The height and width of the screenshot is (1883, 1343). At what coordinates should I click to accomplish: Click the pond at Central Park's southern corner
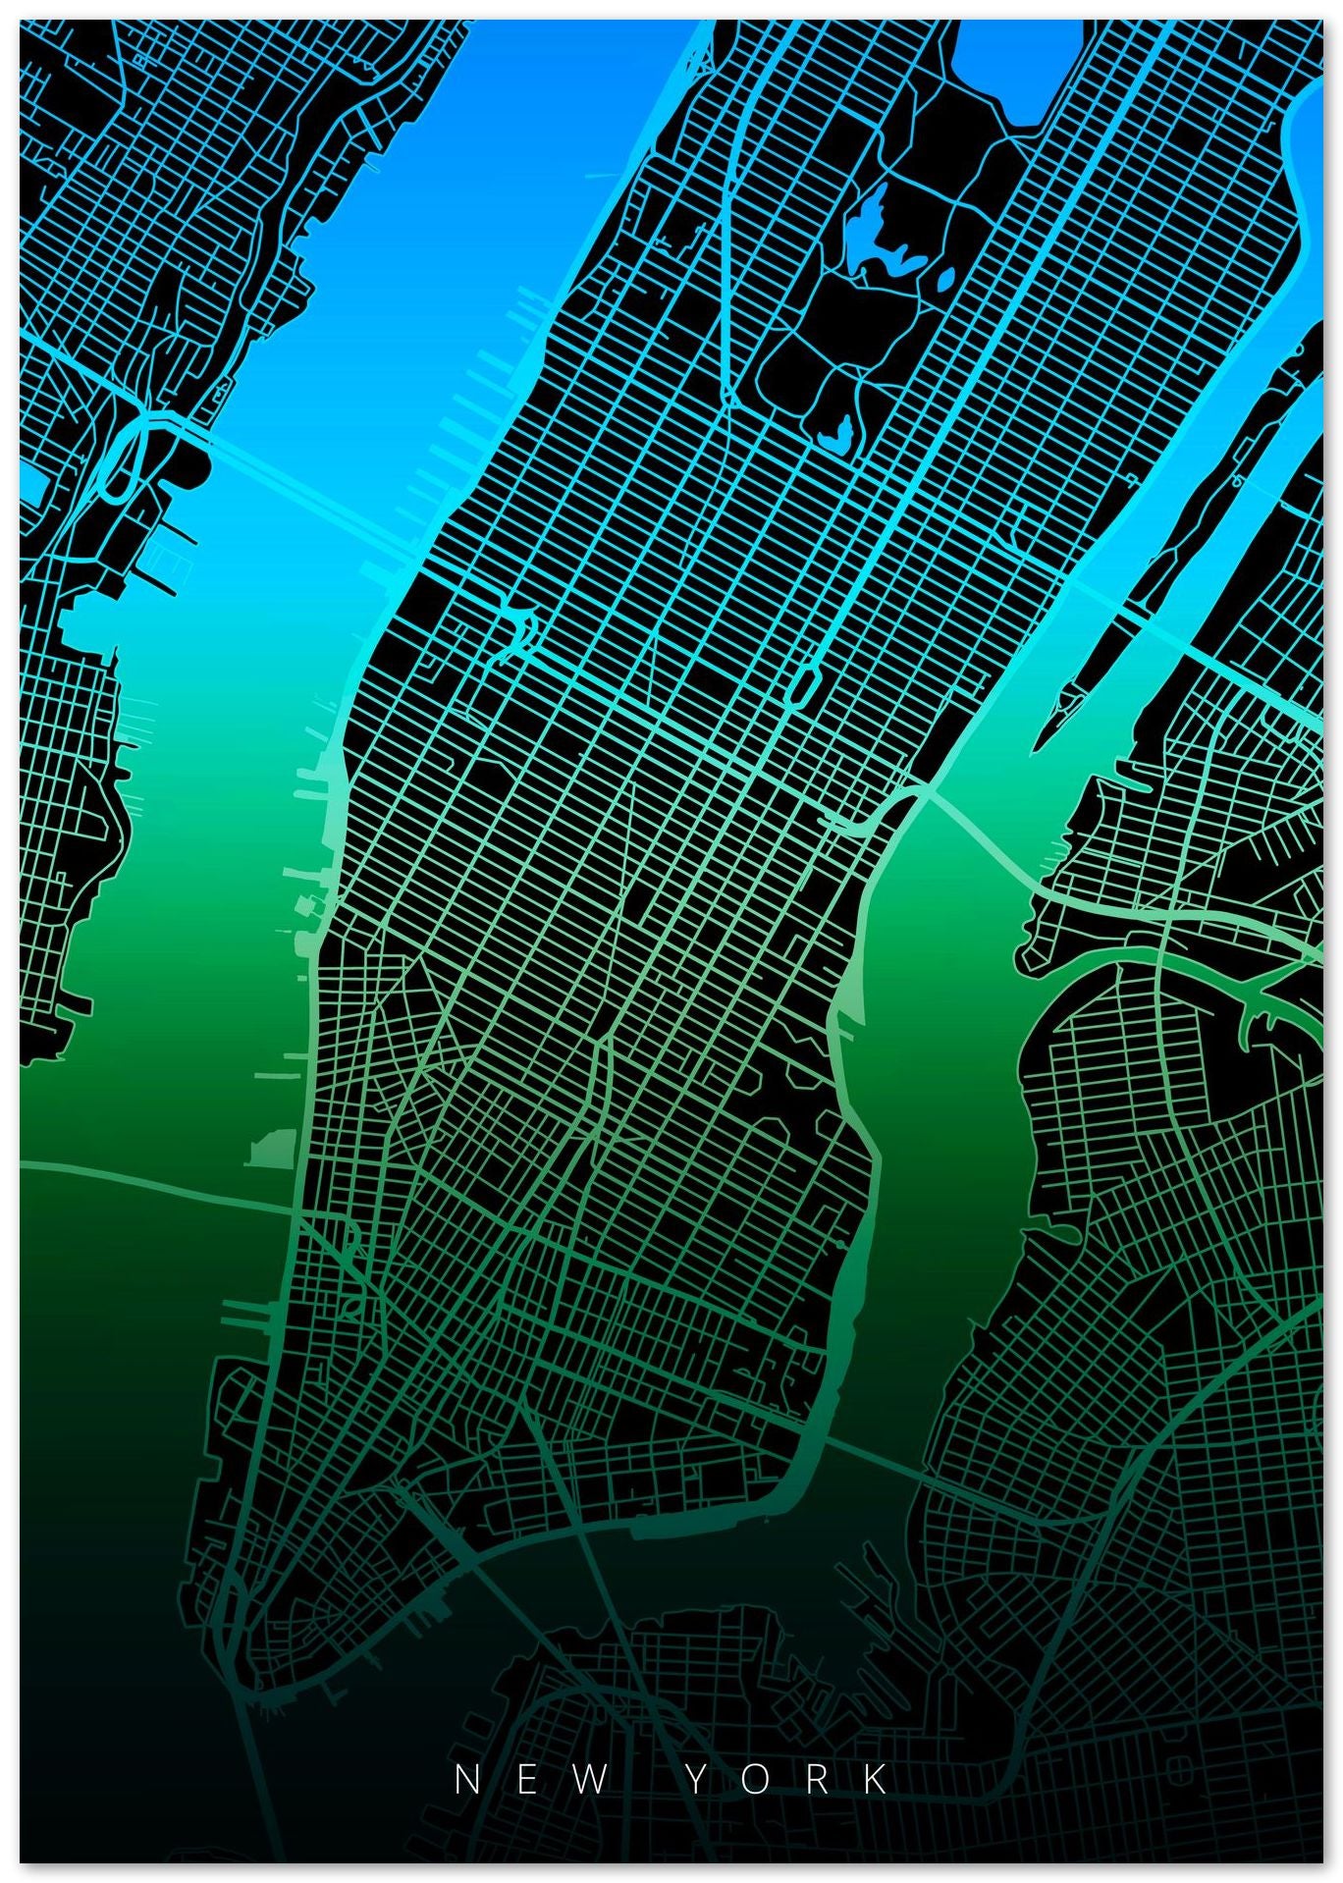(833, 432)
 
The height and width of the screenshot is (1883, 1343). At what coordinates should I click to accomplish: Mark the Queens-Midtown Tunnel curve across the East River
(982, 834)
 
